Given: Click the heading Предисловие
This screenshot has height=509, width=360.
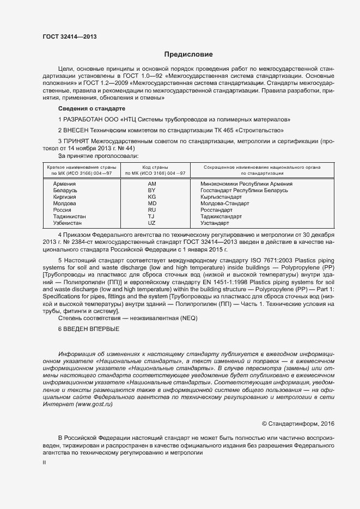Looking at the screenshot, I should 188,54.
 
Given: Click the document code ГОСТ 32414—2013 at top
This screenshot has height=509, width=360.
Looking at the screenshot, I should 70,36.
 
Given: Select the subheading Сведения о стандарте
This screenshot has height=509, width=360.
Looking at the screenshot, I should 84,109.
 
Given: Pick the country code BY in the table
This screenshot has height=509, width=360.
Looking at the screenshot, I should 152,191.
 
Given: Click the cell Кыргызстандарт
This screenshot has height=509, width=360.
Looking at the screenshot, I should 221,197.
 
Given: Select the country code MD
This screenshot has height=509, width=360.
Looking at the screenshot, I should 152,204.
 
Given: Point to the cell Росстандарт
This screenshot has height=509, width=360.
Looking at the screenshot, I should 216,210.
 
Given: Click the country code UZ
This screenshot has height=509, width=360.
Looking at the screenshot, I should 152,223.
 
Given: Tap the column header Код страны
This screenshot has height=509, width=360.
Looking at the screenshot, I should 155,167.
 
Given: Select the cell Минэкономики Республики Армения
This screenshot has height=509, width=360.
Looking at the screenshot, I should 246,184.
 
